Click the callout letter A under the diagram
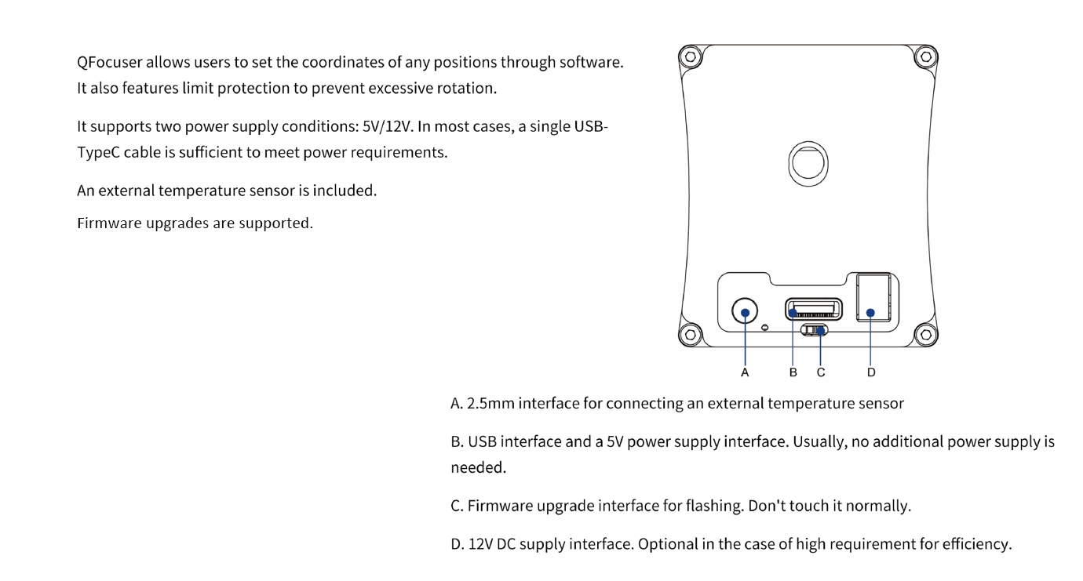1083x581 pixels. click(745, 372)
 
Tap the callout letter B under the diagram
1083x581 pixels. click(793, 372)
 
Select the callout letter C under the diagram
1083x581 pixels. click(821, 372)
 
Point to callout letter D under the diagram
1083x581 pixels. click(871, 372)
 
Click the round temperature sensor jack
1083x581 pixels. click(745, 311)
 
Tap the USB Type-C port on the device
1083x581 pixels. click(814, 309)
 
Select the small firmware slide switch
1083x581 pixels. click(814, 330)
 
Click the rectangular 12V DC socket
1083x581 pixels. click(873, 297)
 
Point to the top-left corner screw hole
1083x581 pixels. click(691, 57)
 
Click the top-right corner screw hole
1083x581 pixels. click(926, 57)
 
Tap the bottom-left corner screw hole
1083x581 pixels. click(691, 335)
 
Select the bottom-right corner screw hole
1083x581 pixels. click(926, 335)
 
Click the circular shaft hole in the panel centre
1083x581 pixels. click(808, 164)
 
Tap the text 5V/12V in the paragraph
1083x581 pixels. click(387, 126)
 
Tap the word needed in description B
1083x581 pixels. click(478, 467)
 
